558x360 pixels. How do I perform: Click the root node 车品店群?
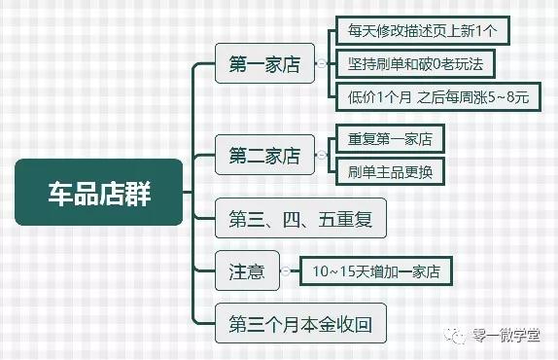click(x=99, y=192)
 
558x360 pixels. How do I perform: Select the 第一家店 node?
click(x=264, y=65)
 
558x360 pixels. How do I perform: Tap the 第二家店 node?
click(x=264, y=156)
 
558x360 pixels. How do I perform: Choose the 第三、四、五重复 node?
click(x=300, y=218)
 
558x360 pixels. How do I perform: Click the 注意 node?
click(x=247, y=270)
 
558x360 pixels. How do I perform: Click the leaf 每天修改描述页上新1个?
click(x=423, y=31)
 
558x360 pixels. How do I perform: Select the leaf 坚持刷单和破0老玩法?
click(x=415, y=64)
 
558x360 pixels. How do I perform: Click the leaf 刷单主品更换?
click(x=390, y=171)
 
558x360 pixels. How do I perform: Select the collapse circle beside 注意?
click(x=286, y=270)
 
